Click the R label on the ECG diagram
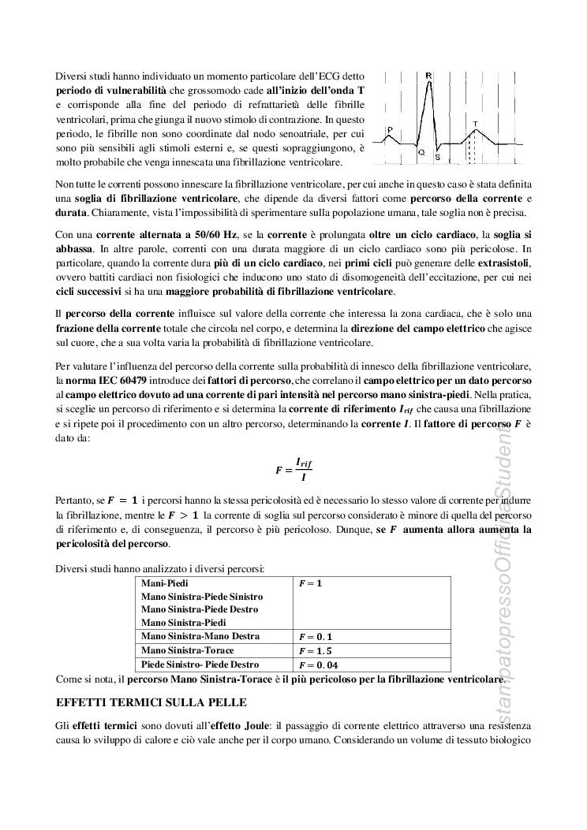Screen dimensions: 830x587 point(428,76)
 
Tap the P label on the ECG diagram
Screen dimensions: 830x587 point(390,130)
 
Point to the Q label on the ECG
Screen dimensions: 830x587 point(421,151)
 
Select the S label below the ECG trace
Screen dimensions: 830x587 point(437,157)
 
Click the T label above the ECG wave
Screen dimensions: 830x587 point(474,123)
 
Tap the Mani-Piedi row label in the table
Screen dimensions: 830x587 point(161,583)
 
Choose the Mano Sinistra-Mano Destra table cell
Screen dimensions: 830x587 point(200,636)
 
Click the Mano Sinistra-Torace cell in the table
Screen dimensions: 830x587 point(186,650)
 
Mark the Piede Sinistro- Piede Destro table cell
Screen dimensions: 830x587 point(200,664)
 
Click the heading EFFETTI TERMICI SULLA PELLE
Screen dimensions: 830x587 point(151,702)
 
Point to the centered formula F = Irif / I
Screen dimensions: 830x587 point(293,468)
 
